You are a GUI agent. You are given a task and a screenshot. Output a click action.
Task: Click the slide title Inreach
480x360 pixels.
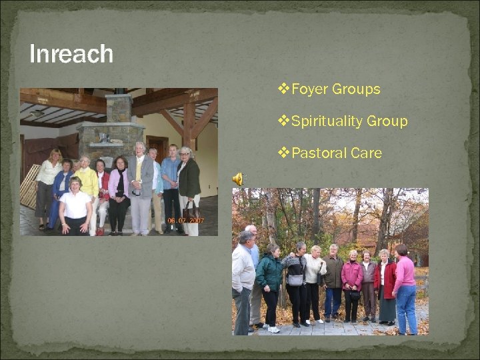[x=71, y=54]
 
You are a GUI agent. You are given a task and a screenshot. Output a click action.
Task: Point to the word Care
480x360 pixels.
[x=366, y=153]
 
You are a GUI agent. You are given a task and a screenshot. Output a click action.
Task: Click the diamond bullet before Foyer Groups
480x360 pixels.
[x=283, y=89]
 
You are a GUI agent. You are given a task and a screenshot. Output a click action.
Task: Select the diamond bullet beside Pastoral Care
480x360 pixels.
[x=283, y=153]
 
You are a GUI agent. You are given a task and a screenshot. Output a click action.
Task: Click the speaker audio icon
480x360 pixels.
[x=237, y=178]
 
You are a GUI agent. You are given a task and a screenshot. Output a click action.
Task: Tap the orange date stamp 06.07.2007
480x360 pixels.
[x=187, y=221]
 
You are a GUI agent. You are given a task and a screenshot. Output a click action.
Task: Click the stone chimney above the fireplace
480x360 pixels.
[x=119, y=108]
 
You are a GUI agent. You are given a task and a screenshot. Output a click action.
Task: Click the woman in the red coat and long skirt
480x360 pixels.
[x=385, y=283]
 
